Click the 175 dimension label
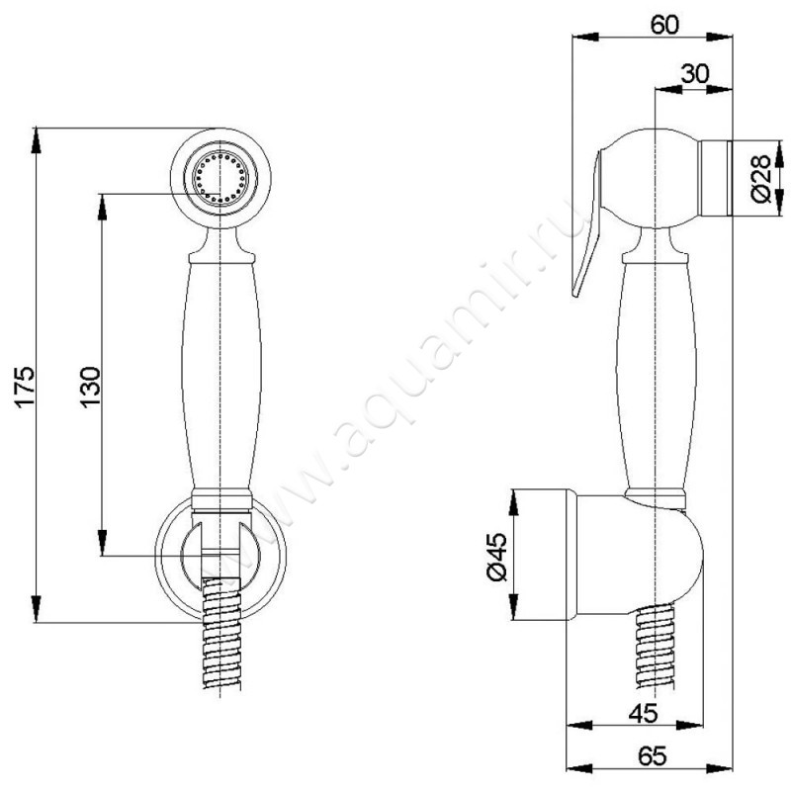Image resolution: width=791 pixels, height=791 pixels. [x=25, y=387]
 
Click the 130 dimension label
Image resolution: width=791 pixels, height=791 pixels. [x=91, y=387]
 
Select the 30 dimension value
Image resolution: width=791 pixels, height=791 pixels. [x=695, y=73]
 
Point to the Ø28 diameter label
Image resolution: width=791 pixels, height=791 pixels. [x=760, y=179]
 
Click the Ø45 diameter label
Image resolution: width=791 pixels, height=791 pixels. [x=496, y=557]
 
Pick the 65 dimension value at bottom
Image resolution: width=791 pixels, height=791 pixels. [x=652, y=755]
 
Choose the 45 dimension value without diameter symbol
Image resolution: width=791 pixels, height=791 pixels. [x=644, y=713]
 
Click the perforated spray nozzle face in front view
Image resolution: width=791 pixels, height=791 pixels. [x=220, y=179]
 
